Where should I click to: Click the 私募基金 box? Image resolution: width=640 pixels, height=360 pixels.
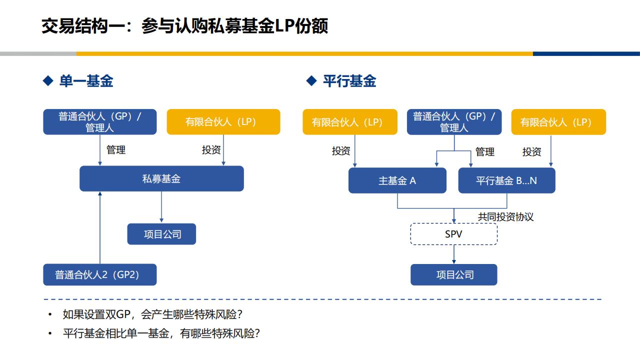(161, 178)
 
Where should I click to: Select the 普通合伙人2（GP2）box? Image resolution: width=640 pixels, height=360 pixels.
(99, 274)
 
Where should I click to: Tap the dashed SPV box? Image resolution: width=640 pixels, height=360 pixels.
(453, 234)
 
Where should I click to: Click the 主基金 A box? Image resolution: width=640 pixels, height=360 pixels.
(397, 180)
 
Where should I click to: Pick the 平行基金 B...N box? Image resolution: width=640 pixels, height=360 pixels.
(506, 180)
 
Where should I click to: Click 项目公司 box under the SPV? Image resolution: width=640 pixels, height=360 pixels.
(453, 274)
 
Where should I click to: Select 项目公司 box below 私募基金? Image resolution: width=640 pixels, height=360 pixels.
(161, 234)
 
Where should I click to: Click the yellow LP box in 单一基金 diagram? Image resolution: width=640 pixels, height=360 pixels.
(223, 121)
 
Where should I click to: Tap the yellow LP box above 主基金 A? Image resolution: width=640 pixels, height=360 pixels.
(350, 121)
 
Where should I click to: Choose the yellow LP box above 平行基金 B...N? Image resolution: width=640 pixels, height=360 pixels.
(558, 121)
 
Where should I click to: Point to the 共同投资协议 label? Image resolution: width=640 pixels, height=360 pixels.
(505, 217)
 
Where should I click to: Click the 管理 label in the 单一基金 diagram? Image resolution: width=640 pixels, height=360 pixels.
(115, 149)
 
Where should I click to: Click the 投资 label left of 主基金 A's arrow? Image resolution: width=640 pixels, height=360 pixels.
(341, 151)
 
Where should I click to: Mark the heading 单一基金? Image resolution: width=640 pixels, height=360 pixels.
(86, 81)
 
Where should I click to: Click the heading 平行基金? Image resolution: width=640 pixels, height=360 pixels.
(349, 81)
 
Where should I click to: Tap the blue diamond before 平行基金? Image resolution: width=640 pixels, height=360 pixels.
(311, 80)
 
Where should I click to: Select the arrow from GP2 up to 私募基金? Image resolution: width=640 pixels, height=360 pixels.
(100, 227)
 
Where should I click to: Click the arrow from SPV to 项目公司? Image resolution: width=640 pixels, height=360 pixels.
(454, 254)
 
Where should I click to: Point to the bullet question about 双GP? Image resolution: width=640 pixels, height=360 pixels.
(152, 314)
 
